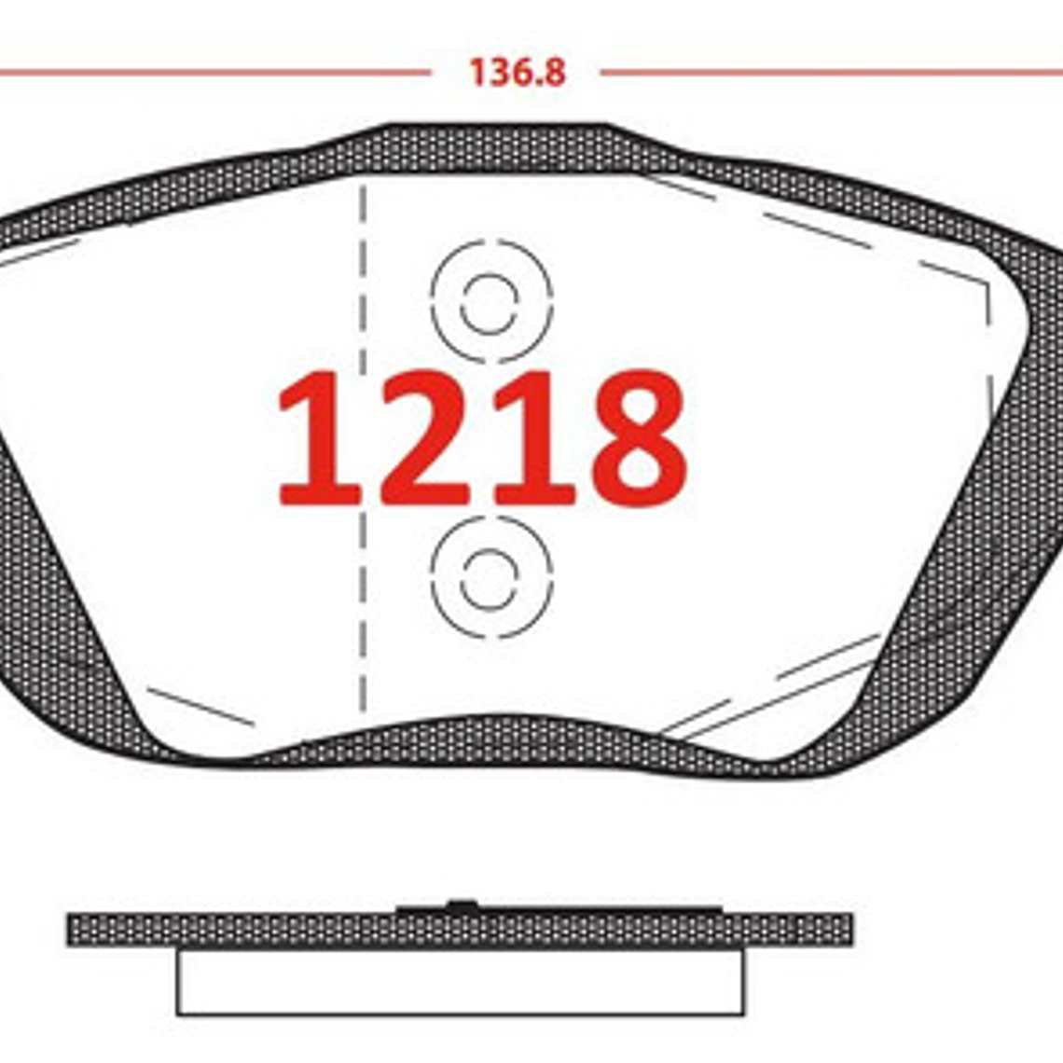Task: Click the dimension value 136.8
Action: (x=517, y=72)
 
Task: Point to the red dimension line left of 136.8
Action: (x=214, y=72)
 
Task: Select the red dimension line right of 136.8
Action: (x=830, y=72)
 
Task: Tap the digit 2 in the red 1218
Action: (x=424, y=438)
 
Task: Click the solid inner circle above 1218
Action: (x=489, y=302)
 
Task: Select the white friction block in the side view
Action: (x=461, y=981)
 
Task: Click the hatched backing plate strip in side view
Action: (x=233, y=930)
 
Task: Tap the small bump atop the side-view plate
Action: (x=461, y=903)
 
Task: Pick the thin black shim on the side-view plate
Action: (x=606, y=909)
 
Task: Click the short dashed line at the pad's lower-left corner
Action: (x=200, y=706)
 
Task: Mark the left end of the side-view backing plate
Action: (x=73, y=930)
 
